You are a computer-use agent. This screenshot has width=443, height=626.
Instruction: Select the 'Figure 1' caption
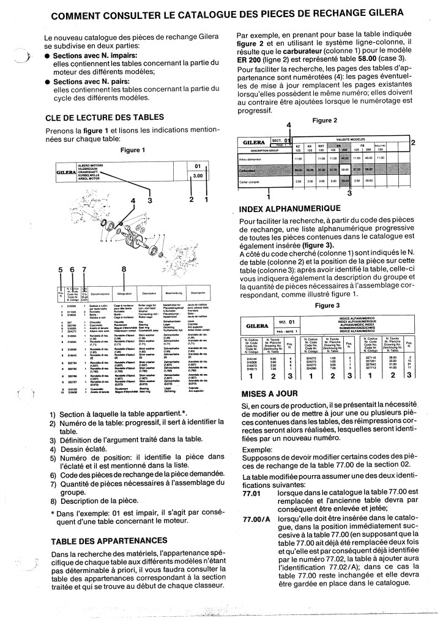133,150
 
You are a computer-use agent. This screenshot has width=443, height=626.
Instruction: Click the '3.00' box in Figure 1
198,176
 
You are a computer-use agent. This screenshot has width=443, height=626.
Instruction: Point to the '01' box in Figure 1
198,166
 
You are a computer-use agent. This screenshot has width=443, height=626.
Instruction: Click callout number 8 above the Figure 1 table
124,269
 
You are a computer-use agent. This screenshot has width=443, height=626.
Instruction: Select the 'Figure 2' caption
325,120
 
